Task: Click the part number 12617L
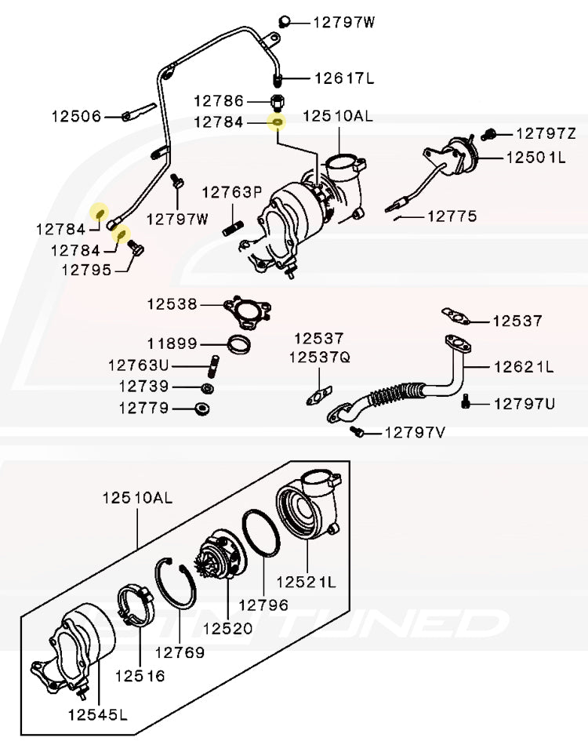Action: (344, 78)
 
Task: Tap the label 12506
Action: (77, 117)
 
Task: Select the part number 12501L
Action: (535, 157)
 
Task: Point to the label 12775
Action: (451, 216)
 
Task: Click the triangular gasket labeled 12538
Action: (245, 311)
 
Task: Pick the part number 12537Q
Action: (319, 357)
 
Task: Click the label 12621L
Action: (523, 366)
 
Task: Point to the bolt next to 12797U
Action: (467, 402)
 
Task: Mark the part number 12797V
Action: (413, 432)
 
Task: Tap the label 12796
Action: (263, 605)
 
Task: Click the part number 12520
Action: (227, 628)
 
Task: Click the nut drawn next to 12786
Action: (277, 102)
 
